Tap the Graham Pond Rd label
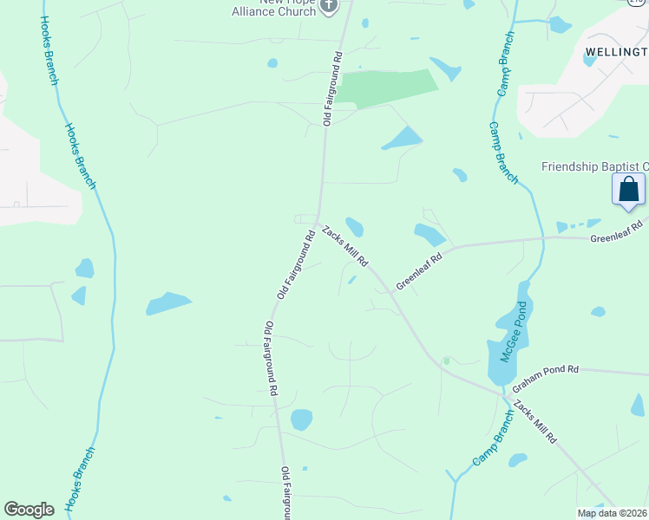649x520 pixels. click(545, 369)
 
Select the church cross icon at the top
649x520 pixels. click(328, 6)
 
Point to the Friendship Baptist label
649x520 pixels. click(594, 166)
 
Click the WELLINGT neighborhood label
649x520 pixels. click(616, 52)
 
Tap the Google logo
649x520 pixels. click(29, 510)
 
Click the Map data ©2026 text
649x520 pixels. click(611, 513)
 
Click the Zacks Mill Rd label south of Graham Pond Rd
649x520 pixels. click(534, 422)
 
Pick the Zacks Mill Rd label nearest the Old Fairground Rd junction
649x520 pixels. click(345, 246)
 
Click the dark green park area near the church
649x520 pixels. click(388, 88)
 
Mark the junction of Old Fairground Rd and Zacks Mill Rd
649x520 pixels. click(318, 219)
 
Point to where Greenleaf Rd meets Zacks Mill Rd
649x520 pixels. click(391, 292)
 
